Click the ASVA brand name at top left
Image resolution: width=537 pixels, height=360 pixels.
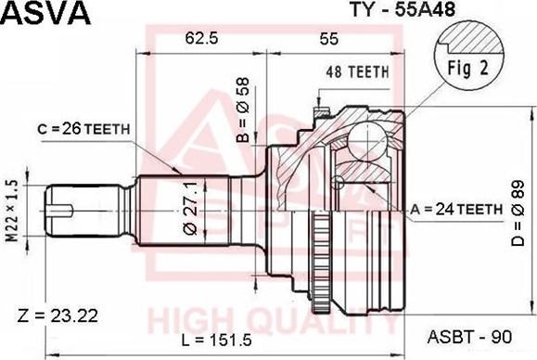tap(45, 14)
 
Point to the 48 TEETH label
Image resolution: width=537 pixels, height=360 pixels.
tap(356, 71)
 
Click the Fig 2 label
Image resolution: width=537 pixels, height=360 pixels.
tap(461, 67)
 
